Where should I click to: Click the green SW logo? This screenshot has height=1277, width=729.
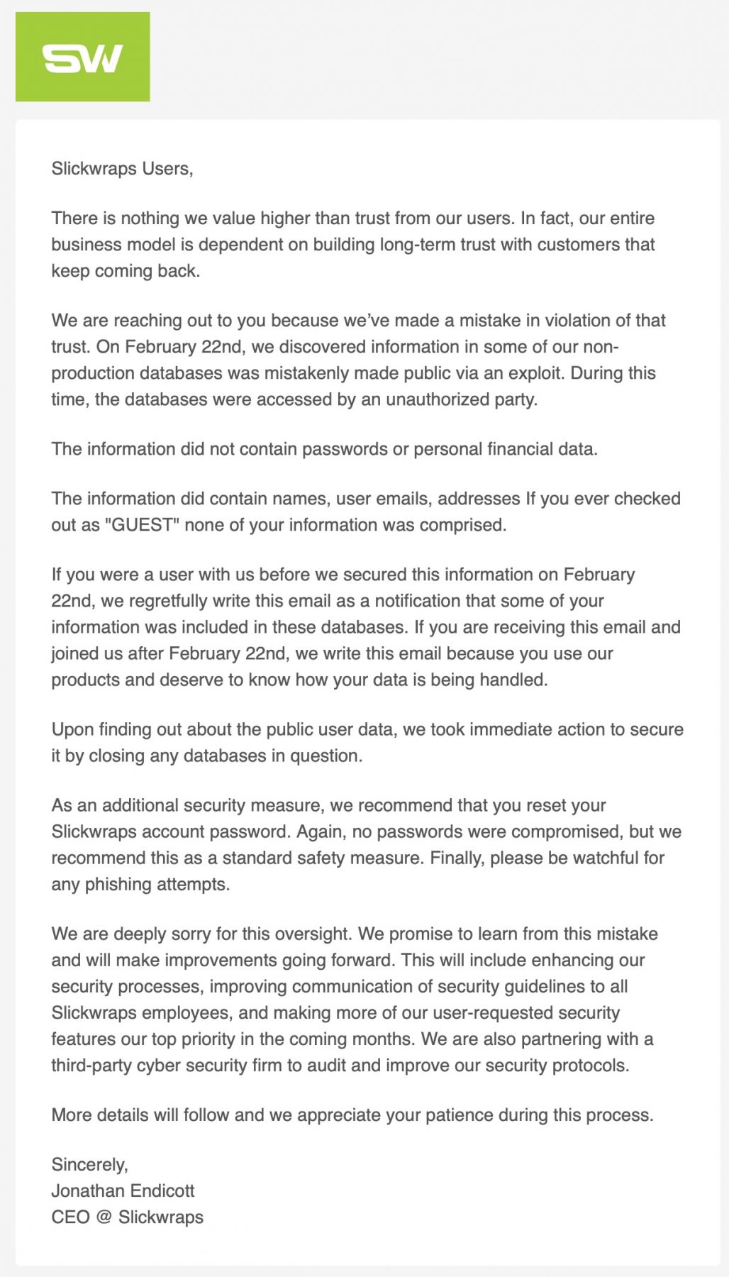(82, 57)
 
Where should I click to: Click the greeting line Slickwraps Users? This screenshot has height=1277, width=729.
(122, 169)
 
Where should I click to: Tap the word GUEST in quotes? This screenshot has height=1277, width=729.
(142, 525)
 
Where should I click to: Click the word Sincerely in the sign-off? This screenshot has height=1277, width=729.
(89, 1164)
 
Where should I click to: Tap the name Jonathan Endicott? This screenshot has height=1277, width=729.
(123, 1190)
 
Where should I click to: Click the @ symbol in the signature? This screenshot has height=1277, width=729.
(104, 1217)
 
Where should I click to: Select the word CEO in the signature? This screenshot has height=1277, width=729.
(70, 1217)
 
